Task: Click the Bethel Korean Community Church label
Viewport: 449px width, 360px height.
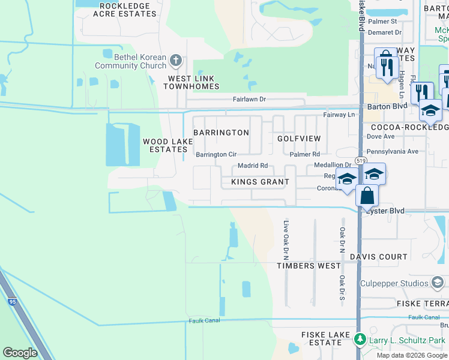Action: coord(132,61)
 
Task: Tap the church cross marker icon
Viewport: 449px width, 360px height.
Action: coord(176,60)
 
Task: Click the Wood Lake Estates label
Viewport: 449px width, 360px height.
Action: coord(167,145)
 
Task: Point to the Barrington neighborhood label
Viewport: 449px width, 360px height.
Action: coord(221,133)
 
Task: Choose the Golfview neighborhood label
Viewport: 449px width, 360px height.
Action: coord(299,139)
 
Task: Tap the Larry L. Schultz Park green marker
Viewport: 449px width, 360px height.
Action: coord(360,340)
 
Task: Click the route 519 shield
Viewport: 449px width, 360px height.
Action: coord(359,161)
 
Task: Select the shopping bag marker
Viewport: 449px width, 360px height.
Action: coord(367,196)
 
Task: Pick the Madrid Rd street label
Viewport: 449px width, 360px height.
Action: coord(252,166)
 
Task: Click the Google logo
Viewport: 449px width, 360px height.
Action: coord(20,353)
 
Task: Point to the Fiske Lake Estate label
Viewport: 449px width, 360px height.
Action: coord(321,338)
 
